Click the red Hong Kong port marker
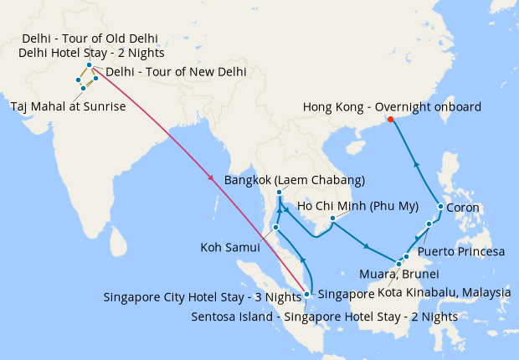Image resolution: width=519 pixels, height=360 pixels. (x=391, y=120)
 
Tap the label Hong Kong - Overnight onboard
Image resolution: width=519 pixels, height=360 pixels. (x=392, y=106)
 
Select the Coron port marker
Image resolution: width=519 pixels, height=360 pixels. (x=441, y=207)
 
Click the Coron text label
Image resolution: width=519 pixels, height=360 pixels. (x=463, y=208)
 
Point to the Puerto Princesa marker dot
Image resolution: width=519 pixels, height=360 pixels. (x=429, y=224)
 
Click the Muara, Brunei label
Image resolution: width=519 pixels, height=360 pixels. (x=398, y=274)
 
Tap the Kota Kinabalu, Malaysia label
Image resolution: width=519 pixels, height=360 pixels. (x=444, y=292)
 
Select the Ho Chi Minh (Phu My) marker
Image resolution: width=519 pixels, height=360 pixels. (x=332, y=219)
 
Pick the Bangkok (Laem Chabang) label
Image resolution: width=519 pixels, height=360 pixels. (x=295, y=180)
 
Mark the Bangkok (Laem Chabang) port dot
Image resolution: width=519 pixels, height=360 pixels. (x=279, y=193)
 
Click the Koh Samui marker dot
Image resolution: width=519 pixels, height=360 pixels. (x=275, y=227)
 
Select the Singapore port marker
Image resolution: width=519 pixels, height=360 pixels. (x=307, y=294)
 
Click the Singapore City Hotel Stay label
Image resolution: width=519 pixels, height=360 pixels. (x=202, y=297)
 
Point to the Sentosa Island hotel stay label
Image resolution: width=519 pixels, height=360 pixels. (x=324, y=316)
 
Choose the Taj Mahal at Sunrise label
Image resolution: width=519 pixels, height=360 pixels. (x=68, y=106)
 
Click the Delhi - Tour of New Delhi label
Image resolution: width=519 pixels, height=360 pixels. (x=176, y=72)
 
